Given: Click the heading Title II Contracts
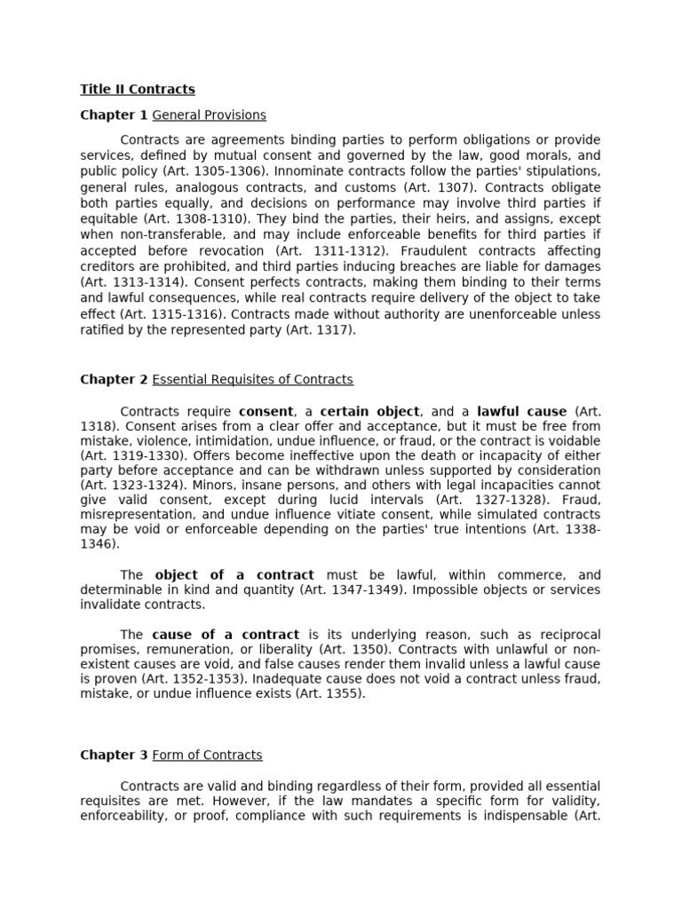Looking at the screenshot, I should (x=138, y=90).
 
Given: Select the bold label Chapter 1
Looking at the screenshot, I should (x=115, y=115).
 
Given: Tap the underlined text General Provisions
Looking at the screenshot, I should (x=210, y=115).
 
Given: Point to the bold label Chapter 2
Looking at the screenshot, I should (x=115, y=380).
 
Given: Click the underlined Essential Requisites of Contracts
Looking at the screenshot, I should (x=253, y=380).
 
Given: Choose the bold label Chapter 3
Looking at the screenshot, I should (x=115, y=755).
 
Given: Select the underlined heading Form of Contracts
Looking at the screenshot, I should (x=208, y=755).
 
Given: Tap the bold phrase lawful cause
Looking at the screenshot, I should (x=521, y=412).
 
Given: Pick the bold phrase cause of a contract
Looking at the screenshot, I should (x=226, y=635).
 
